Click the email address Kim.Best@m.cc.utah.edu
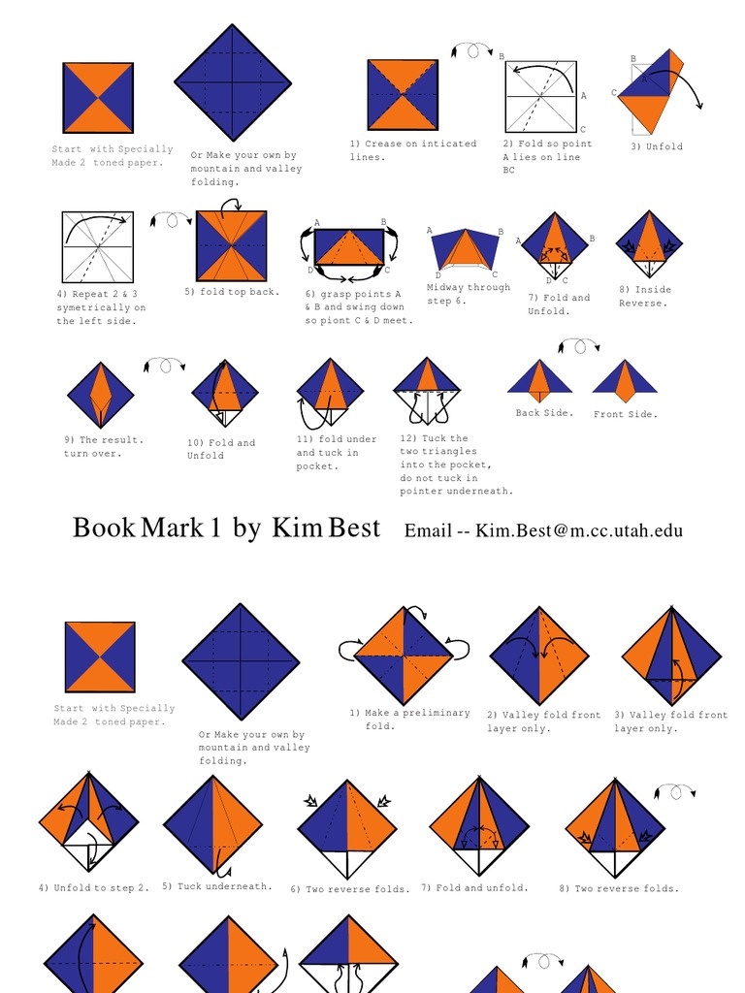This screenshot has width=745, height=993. pos(578,530)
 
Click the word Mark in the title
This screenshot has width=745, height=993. pos(173,529)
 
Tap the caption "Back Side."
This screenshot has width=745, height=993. pos(544,413)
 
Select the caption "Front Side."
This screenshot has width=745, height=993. pos(625,414)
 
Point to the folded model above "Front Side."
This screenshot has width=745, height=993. pos(625,381)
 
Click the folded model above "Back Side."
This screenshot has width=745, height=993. pos(540,379)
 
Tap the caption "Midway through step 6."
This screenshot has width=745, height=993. pos(468,294)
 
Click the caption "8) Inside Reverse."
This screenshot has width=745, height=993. pos(645,296)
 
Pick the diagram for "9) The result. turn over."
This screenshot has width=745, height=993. pos(100,395)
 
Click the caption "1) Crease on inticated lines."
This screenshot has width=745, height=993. pos(412,150)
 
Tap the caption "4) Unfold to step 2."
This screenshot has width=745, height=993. pos(94,887)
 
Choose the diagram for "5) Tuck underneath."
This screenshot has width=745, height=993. pos(212,825)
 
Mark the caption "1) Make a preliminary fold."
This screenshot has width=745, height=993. pos(409,719)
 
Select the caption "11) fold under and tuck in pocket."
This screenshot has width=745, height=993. pos(336,453)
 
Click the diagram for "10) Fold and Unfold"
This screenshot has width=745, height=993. pos(224,393)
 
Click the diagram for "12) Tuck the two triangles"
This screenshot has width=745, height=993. pos(427,390)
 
